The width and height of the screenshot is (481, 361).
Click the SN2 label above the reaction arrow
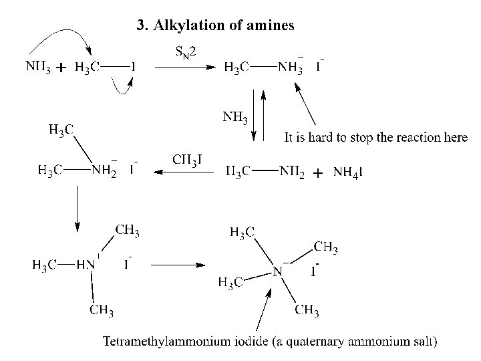[x=185, y=50]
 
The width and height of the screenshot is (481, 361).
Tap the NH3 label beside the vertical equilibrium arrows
[x=235, y=119]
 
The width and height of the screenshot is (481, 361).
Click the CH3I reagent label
[x=188, y=158]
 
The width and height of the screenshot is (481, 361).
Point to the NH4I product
[x=348, y=172]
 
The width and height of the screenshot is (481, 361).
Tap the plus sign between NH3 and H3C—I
[x=61, y=68]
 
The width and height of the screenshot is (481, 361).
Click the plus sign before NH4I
[x=318, y=173]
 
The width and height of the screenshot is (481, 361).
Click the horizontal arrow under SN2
[x=185, y=67]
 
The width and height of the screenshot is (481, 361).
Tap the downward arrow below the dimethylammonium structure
[x=77, y=208]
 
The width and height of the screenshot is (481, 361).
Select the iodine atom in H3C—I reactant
[x=133, y=67]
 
